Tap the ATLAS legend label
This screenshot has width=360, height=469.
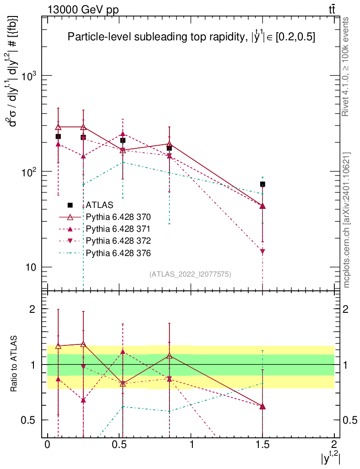(99, 205)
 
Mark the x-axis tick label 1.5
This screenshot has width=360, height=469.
(262, 445)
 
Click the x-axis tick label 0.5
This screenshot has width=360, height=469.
(119, 445)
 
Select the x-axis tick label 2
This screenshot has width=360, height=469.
(334, 445)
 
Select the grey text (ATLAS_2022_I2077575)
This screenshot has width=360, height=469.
(190, 274)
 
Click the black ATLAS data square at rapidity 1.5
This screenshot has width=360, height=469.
(262, 184)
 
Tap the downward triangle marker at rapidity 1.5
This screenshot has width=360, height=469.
(262, 251)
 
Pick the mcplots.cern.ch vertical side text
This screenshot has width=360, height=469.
(347, 220)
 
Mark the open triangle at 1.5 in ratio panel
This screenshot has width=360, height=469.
(262, 407)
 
